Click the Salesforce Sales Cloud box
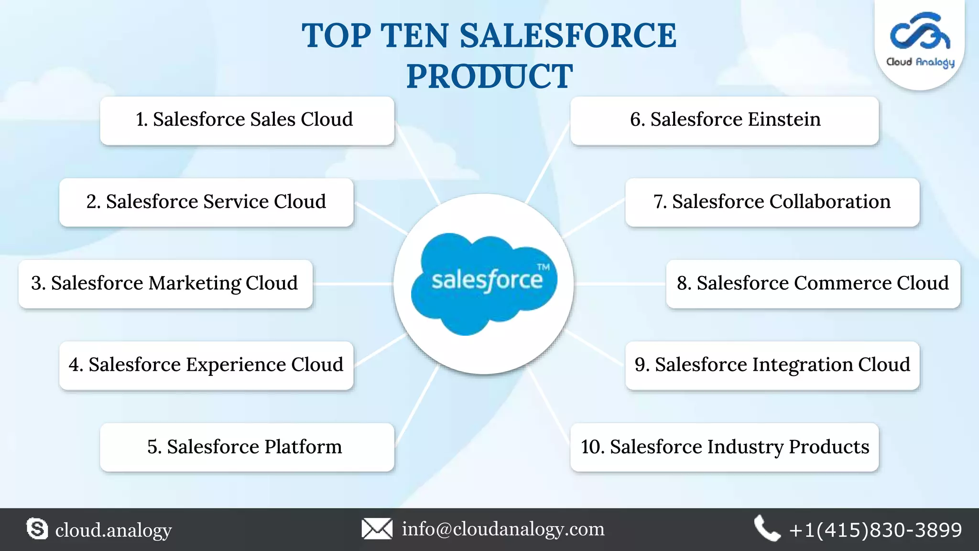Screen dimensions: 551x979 point(247,121)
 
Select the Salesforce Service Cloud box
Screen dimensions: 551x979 point(206,202)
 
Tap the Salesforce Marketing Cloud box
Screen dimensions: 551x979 point(165,284)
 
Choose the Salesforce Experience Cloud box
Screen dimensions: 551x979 point(206,365)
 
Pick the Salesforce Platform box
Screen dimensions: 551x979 point(247,447)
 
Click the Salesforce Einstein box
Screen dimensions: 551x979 point(724,121)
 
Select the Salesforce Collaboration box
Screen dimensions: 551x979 point(772,202)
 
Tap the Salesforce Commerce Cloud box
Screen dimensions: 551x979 point(813,284)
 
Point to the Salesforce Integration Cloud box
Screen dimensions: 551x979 point(772,365)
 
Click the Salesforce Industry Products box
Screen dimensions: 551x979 point(724,447)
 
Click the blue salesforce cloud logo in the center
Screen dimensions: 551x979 point(484,283)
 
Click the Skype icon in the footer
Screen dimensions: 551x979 point(37,529)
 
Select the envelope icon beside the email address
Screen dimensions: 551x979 point(377,529)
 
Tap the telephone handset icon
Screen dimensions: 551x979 point(767,529)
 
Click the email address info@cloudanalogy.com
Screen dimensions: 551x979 point(503,529)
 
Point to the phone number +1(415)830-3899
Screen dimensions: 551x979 point(875,530)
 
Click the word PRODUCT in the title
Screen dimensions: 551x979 point(489,77)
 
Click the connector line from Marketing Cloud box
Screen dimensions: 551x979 point(353,284)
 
